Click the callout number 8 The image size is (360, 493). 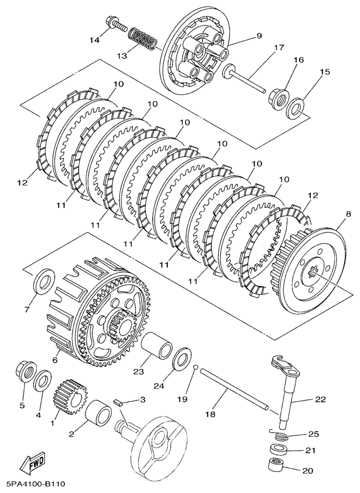[x=348, y=214]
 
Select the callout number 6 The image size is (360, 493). [x=54, y=360]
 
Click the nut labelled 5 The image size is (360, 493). [x=25, y=372]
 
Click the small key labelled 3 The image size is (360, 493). [x=119, y=402]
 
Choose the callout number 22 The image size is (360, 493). [x=320, y=400]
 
